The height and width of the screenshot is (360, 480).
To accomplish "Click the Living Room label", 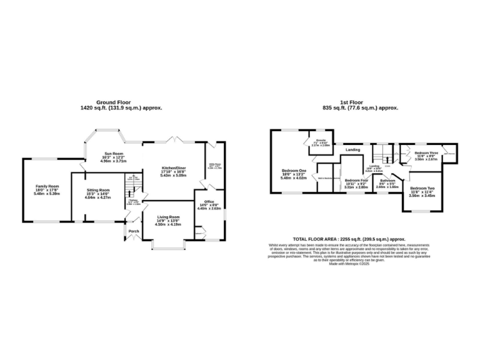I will (x=168, y=217).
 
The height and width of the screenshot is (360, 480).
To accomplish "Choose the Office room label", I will (x=208, y=201).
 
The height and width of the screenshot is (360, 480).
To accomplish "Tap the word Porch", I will (x=134, y=231).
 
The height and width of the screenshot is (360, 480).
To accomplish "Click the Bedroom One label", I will (x=294, y=171).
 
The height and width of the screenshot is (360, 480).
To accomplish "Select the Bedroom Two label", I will (x=422, y=188).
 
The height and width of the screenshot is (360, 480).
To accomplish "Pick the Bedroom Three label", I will (x=426, y=152).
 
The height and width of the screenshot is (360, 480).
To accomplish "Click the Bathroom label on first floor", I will (x=383, y=180).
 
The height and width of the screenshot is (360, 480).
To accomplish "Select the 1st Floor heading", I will (x=351, y=102).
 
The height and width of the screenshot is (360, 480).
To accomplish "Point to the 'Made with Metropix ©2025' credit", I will (x=350, y=264).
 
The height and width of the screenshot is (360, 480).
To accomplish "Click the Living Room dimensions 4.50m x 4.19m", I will (x=168, y=224).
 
